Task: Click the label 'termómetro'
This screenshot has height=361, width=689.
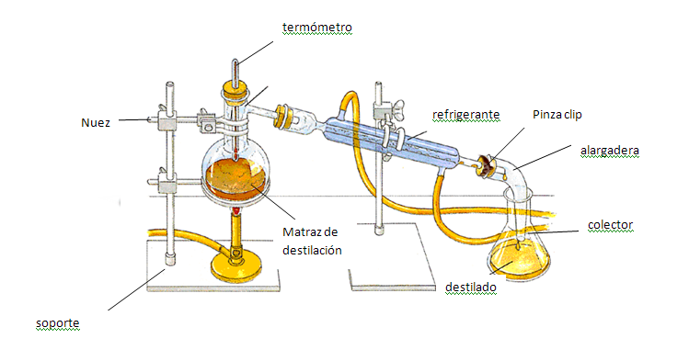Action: (317, 27)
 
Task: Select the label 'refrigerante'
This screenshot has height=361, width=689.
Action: (466, 115)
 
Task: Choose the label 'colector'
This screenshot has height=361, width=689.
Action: (612, 225)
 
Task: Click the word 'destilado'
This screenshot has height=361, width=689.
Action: (470, 288)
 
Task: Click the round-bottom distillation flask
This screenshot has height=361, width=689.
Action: (238, 165)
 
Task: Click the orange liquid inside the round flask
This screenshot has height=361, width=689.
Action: (238, 174)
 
